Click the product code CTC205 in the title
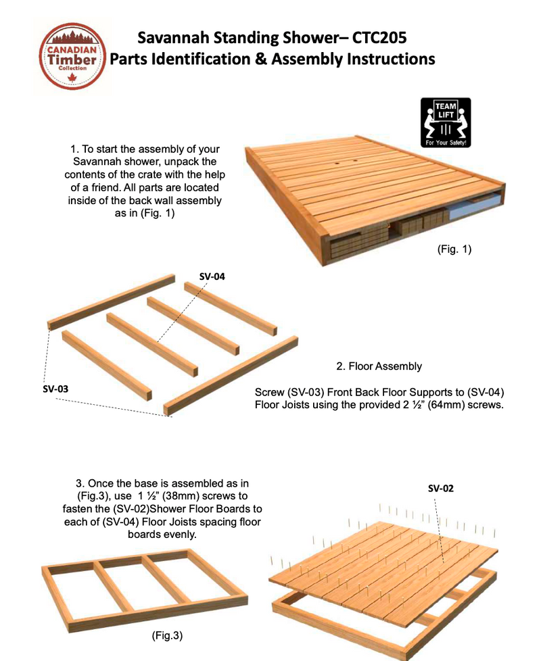(x=371, y=36)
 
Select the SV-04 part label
(x=212, y=276)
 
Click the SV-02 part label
(x=442, y=487)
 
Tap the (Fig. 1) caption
(x=454, y=249)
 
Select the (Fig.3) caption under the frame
(x=165, y=635)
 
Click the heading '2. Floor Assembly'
(x=379, y=366)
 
